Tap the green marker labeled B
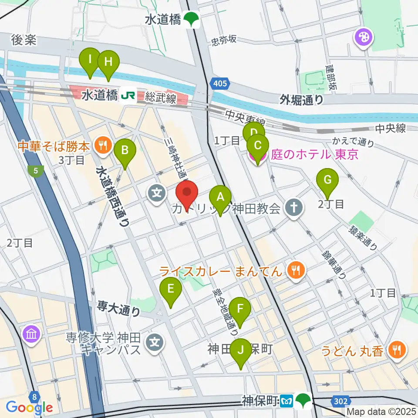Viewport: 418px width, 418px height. [x=125, y=151]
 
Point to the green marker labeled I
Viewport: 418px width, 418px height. [x=90, y=60]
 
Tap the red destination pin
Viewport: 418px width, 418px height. [x=187, y=193]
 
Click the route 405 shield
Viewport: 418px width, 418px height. [x=220, y=83]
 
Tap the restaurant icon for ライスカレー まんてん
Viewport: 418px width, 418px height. [x=296, y=271]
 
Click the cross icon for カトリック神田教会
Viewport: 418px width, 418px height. [x=294, y=208]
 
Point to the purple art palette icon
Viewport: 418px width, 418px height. [x=364, y=37]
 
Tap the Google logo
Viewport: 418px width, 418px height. [x=29, y=408]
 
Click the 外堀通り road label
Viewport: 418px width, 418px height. [x=302, y=100]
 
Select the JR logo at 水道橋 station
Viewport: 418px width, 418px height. [x=128, y=95]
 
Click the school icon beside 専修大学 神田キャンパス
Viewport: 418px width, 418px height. [x=156, y=342]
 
